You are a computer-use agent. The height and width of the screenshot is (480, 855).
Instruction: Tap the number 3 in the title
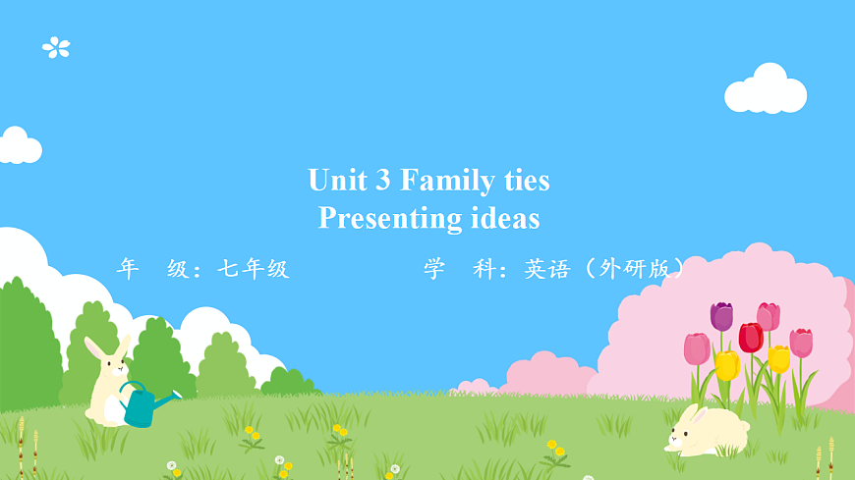382,181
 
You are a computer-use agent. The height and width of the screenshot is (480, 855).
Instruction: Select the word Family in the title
448,182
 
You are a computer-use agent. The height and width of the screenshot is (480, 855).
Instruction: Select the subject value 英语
546,269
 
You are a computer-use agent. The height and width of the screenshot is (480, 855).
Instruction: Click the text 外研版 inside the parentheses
639,269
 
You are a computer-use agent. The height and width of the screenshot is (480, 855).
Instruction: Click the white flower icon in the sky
56,46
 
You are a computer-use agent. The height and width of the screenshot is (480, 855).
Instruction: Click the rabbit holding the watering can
107,383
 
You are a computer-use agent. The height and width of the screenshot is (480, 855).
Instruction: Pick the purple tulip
721,316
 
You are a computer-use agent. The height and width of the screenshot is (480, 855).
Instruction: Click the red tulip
751,337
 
